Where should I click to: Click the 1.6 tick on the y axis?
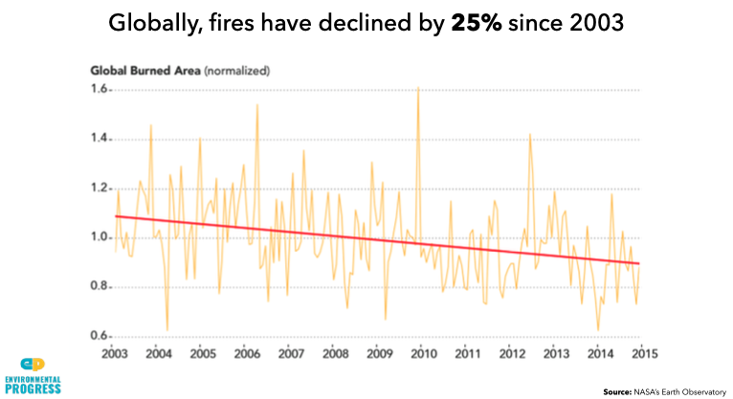pyautogui.click(x=101, y=90)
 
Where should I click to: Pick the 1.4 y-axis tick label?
pyautogui.click(x=101, y=140)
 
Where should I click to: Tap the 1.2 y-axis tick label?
pyautogui.click(x=101, y=188)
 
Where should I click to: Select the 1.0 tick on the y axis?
pyautogui.click(x=101, y=237)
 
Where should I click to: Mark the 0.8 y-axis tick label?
pyautogui.click(x=101, y=287)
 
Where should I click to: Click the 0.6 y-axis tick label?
pyautogui.click(x=101, y=336)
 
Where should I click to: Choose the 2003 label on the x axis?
pyautogui.click(x=115, y=354)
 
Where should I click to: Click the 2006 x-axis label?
pyautogui.click(x=247, y=354)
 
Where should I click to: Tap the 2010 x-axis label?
pyautogui.click(x=422, y=354)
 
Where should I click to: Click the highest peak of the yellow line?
pyautogui.click(x=418, y=88)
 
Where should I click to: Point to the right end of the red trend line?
pyautogui.click(x=639, y=264)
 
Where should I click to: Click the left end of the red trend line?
pyautogui.click(x=116, y=216)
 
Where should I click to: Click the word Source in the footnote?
pyautogui.click(x=617, y=391)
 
